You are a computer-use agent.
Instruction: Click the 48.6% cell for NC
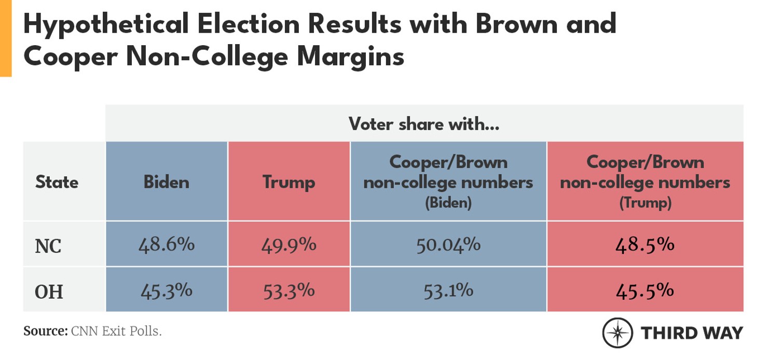(x=167, y=244)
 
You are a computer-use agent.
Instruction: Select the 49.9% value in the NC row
(x=289, y=244)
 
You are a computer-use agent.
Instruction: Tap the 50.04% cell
(x=448, y=244)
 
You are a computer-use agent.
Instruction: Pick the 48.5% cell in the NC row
(x=645, y=244)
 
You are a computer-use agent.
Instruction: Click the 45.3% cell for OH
(x=167, y=290)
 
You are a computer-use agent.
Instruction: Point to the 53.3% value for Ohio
(x=289, y=290)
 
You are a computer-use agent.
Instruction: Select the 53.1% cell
(x=448, y=290)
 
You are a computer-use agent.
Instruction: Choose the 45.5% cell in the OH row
(x=645, y=290)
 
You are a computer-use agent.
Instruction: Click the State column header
(x=57, y=182)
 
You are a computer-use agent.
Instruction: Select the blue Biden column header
(x=167, y=182)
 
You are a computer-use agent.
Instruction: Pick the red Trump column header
(x=289, y=182)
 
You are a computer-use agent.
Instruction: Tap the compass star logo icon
(x=617, y=333)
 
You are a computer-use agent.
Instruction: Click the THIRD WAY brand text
(x=692, y=333)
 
